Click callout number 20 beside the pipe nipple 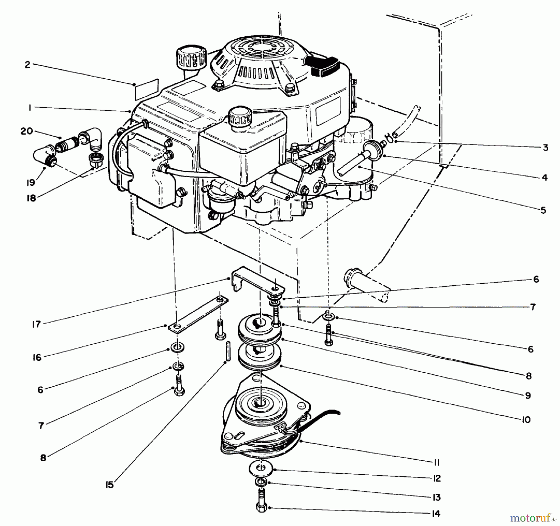coord(27,131)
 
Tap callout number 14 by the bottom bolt coord(436,514)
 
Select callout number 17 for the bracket coord(36,324)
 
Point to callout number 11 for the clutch coord(436,463)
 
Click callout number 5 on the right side coord(543,210)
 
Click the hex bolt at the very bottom coord(262,507)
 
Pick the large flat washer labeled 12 coord(261,468)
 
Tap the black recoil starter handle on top coord(325,66)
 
